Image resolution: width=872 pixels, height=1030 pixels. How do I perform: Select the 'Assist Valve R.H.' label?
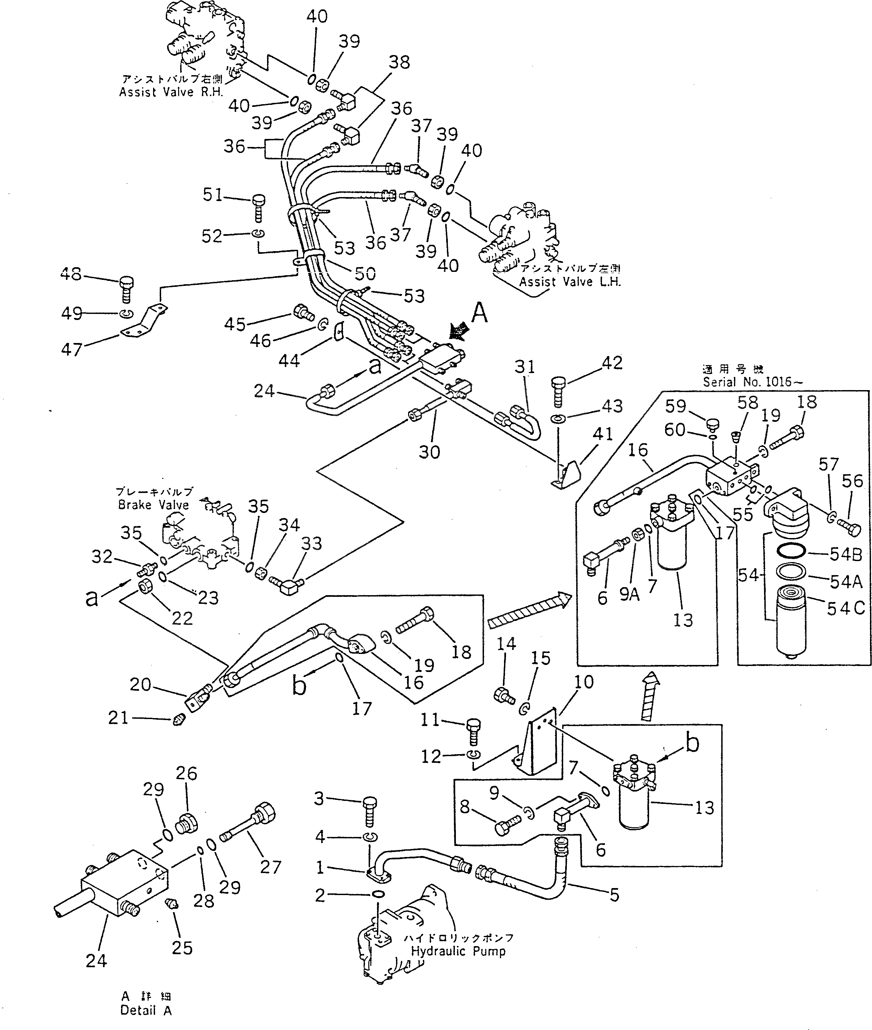(171, 93)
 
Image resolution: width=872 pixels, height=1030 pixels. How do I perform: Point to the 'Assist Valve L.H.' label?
(570, 282)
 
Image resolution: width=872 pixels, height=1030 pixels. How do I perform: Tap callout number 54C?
(846, 608)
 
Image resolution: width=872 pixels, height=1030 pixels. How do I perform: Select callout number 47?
(71, 349)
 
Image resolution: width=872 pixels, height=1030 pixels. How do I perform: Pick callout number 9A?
(629, 595)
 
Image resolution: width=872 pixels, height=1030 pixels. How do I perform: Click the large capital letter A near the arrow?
(479, 313)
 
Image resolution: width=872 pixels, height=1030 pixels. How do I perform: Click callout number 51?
(213, 195)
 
